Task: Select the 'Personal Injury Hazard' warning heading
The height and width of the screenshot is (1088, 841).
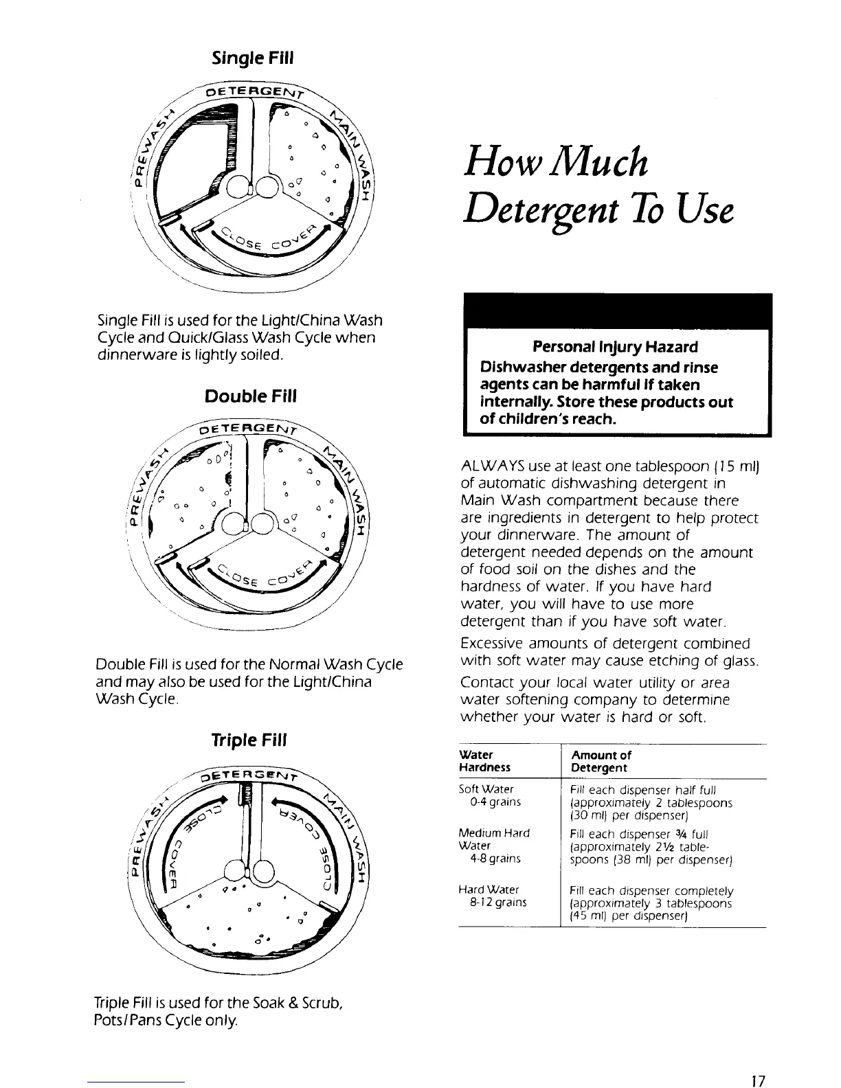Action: pyautogui.click(x=615, y=346)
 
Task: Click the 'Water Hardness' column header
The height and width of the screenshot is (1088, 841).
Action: pyautogui.click(x=485, y=760)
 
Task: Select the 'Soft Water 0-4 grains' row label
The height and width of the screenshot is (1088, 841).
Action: pyautogui.click(x=489, y=795)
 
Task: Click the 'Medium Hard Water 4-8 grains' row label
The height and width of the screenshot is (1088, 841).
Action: pyautogui.click(x=494, y=846)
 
